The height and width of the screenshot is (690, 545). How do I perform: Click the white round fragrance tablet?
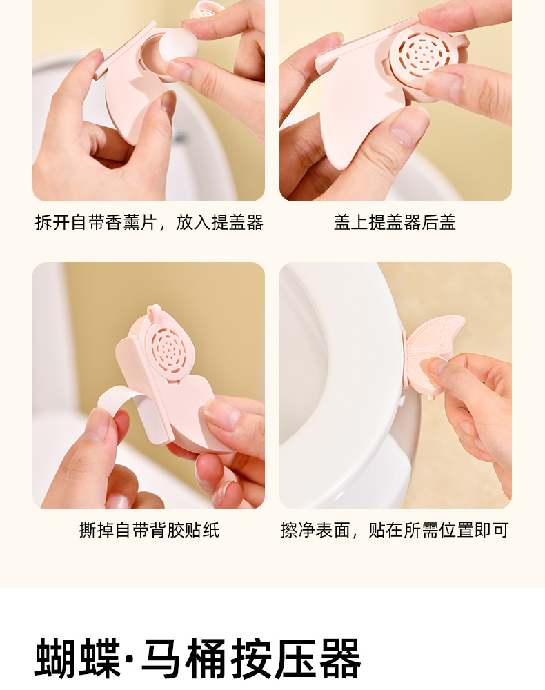click(178, 49)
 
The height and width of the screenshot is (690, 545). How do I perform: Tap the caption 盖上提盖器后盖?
click(395, 223)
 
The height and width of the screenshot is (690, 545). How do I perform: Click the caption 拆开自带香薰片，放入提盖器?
click(149, 223)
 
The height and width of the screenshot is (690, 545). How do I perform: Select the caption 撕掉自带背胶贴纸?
click(149, 530)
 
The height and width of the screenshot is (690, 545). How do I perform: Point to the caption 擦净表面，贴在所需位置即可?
click(395, 530)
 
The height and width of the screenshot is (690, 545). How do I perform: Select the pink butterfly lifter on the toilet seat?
click(433, 357)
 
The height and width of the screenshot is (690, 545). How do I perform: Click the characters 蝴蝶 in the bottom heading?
click(77, 658)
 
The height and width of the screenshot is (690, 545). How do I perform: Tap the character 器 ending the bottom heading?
click(339, 658)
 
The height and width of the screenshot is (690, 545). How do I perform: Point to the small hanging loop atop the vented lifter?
click(153, 312)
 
